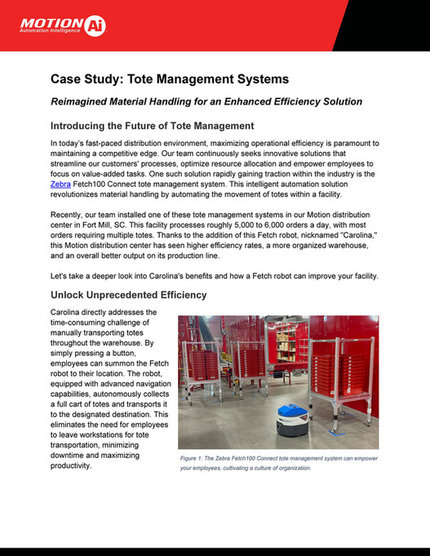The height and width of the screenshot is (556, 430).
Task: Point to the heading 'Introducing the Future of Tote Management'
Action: coord(153,127)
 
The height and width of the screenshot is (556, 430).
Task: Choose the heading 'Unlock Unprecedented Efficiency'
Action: coord(130,295)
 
